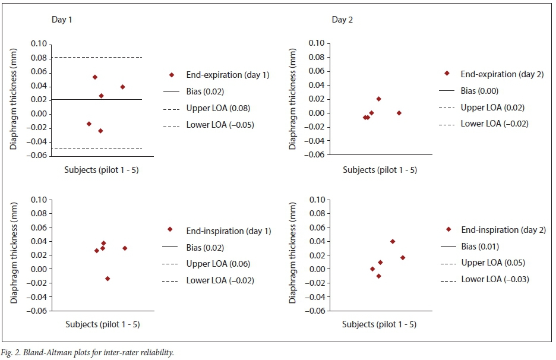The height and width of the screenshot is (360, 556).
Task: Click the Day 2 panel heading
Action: pyautogui.click(x=342, y=20)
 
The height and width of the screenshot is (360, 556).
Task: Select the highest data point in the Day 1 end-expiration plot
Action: pyautogui.click(x=95, y=77)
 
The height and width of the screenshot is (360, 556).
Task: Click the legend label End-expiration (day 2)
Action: pyautogui.click(x=497, y=74)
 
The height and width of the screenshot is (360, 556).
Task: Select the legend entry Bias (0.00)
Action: pyautogui.click(x=479, y=91)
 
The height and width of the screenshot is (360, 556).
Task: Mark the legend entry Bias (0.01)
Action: pyautogui.click(x=479, y=247)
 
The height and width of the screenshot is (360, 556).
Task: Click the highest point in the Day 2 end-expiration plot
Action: pyautogui.click(x=378, y=99)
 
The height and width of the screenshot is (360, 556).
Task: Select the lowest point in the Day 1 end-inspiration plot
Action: pyautogui.click(x=108, y=279)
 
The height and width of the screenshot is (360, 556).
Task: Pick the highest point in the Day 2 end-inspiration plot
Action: pyautogui.click(x=393, y=241)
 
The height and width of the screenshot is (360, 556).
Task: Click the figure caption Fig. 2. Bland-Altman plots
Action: pyautogui.click(x=89, y=353)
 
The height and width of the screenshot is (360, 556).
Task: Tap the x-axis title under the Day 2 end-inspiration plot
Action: pyautogui.click(x=380, y=324)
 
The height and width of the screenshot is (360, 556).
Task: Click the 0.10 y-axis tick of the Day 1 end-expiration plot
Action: pyautogui.click(x=38, y=44)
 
